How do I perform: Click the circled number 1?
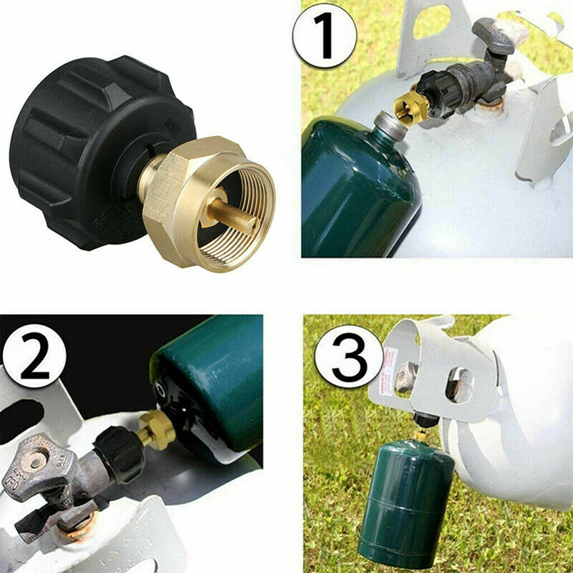pyautogui.click(x=325, y=35)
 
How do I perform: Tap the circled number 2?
pyautogui.click(x=34, y=355)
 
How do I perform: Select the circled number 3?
pyautogui.click(x=349, y=356)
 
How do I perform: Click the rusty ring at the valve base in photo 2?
pyautogui.click(x=84, y=528)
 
